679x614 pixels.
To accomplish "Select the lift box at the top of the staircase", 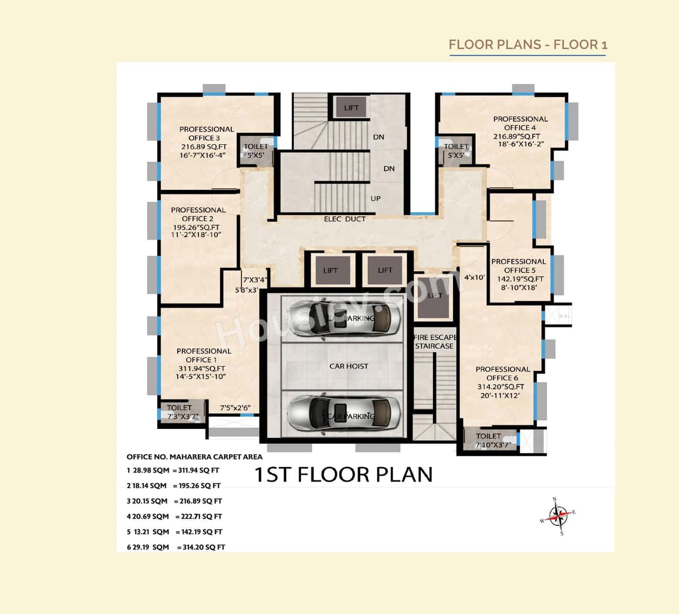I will (351, 108).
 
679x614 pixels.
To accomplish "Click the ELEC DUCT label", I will (345, 219).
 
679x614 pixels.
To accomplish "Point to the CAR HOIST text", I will (349, 366).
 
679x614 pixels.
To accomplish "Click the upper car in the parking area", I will (343, 318).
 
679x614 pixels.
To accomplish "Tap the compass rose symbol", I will (558, 515).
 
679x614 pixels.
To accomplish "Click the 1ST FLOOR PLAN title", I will (344, 474).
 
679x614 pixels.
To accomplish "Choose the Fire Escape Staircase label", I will (434, 342).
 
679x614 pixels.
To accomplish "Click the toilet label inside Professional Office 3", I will (256, 151).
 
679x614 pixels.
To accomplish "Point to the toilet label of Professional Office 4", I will (456, 151).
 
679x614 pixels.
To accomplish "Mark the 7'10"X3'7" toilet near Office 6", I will (488, 440).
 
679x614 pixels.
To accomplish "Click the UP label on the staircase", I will (376, 198).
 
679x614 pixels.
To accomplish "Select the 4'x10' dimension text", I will (474, 277).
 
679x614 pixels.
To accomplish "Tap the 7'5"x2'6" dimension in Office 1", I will (235, 408).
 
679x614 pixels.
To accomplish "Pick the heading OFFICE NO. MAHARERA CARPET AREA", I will (194, 456).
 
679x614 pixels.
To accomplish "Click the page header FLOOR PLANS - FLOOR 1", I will (528, 45).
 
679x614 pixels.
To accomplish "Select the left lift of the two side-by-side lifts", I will (330, 271).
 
